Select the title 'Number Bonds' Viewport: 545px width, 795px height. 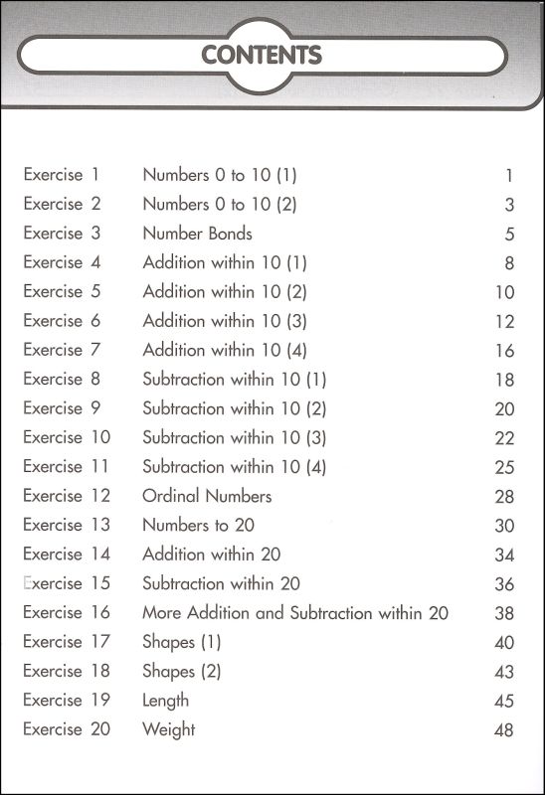197,234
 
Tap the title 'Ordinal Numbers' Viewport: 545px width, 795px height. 207,496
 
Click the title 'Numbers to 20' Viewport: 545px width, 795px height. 199,525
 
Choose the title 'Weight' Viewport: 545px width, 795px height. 169,729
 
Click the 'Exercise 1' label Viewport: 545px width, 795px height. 62,175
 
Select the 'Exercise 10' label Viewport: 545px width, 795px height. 67,437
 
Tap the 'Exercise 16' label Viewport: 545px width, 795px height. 67,612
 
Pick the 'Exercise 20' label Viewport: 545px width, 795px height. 67,729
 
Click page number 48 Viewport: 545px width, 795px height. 502,730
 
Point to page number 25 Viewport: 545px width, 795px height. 503,467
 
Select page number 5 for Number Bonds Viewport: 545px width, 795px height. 508,235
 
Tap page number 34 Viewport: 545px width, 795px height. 503,555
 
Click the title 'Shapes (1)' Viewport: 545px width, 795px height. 181,642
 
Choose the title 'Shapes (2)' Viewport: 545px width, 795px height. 181,671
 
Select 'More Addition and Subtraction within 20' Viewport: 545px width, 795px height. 295,613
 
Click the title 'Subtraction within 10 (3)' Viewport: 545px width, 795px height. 234,437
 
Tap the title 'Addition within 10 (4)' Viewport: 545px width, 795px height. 225,350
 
